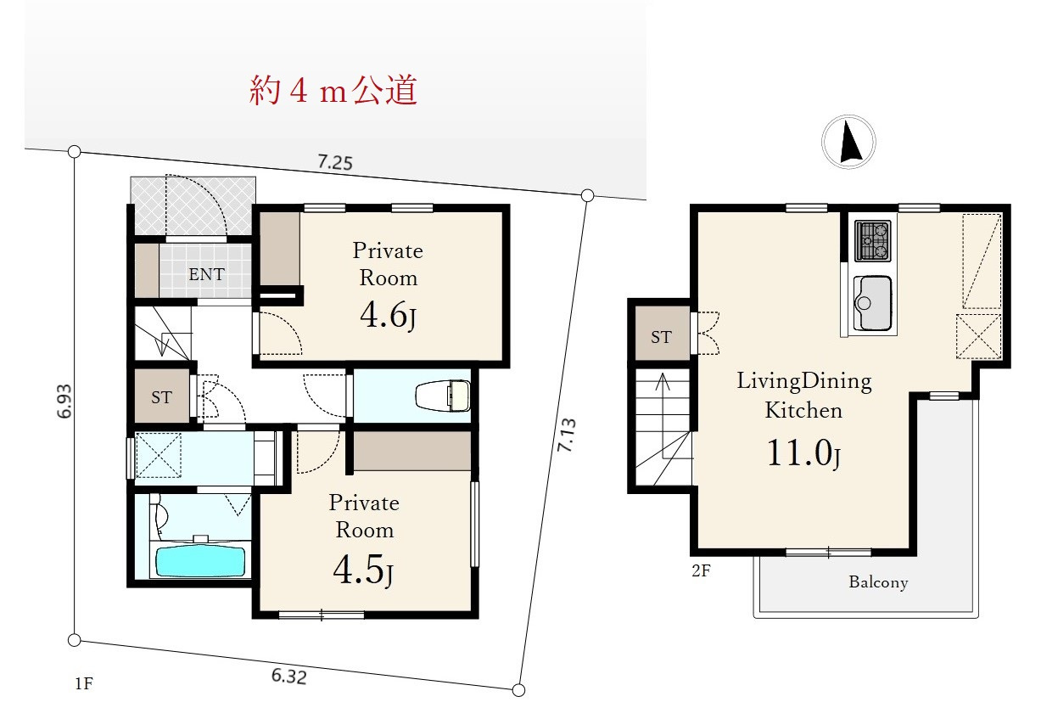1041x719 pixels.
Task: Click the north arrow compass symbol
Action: (848, 142)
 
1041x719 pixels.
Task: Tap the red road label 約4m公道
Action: (333, 90)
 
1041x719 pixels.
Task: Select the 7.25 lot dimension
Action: (335, 162)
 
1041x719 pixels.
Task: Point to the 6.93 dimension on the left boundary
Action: (64, 401)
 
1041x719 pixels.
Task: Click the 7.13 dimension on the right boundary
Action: (567, 435)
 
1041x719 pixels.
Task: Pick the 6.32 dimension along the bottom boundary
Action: (289, 677)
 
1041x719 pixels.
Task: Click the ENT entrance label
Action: (207, 274)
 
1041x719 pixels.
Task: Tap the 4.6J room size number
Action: (388, 316)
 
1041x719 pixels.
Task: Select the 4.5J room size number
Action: (363, 570)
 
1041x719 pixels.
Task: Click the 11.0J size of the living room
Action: (803, 453)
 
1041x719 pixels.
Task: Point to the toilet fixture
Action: (443, 396)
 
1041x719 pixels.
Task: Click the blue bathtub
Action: (200, 561)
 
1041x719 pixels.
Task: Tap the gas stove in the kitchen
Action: (873, 240)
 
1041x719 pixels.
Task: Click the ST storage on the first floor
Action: (161, 397)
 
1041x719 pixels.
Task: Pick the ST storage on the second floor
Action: (661, 337)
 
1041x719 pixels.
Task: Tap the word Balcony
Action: (878, 582)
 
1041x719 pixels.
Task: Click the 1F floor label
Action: (84, 683)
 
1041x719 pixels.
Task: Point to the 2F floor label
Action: (701, 570)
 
